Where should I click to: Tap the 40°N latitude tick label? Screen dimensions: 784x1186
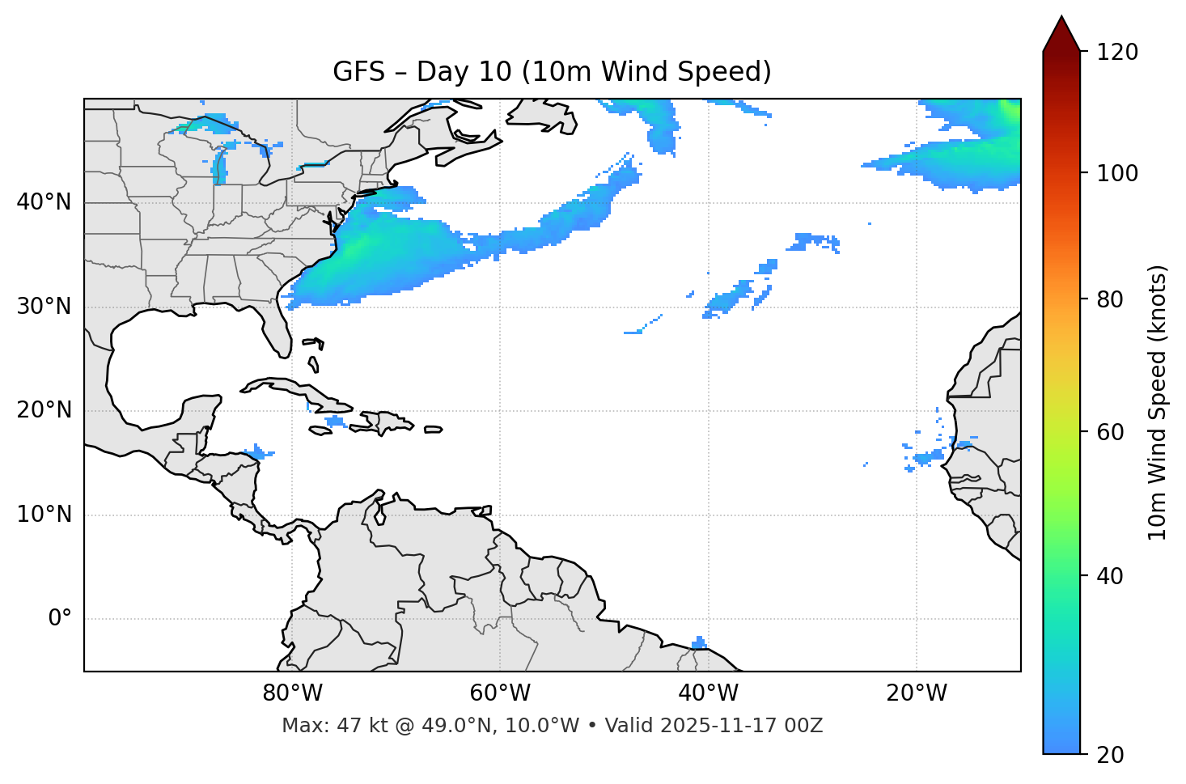(x=44, y=201)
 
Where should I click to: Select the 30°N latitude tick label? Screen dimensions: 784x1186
(x=44, y=307)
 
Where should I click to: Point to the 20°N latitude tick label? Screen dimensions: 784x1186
(x=44, y=410)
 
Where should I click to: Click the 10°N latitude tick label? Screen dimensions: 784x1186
(x=44, y=515)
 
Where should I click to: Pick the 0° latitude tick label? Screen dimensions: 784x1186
(x=60, y=619)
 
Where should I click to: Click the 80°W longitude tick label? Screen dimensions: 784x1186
(x=292, y=693)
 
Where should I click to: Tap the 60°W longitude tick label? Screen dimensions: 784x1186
(x=500, y=693)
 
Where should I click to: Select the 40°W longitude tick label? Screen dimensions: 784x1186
(x=708, y=693)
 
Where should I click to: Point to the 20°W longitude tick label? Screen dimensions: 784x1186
(x=917, y=693)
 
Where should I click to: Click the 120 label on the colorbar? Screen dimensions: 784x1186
(x=1117, y=53)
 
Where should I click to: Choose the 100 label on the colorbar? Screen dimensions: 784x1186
(x=1117, y=173)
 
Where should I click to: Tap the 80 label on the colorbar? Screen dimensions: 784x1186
(x=1110, y=299)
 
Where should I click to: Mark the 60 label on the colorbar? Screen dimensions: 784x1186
(x=1110, y=432)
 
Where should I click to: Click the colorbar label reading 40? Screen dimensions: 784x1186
(x=1110, y=576)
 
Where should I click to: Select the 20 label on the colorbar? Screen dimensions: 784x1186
(x=1110, y=755)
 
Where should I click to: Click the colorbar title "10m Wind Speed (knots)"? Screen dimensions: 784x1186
(x=1158, y=402)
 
